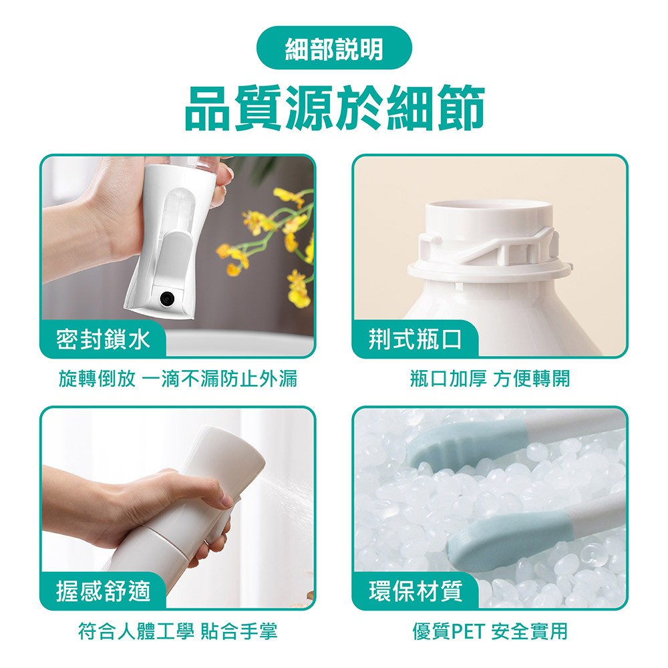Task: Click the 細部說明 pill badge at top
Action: (x=334, y=47)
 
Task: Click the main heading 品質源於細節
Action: (x=335, y=108)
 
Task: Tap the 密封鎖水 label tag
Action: (x=103, y=340)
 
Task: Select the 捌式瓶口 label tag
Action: (x=415, y=340)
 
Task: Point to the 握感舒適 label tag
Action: (x=103, y=591)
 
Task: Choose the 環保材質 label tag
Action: (x=415, y=591)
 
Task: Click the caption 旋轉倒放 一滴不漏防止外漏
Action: (x=178, y=378)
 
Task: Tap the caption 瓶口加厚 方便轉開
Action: (x=490, y=378)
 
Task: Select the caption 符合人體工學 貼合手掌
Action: (x=178, y=631)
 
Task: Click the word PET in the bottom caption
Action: (x=468, y=631)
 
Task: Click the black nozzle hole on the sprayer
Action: (x=167, y=299)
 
